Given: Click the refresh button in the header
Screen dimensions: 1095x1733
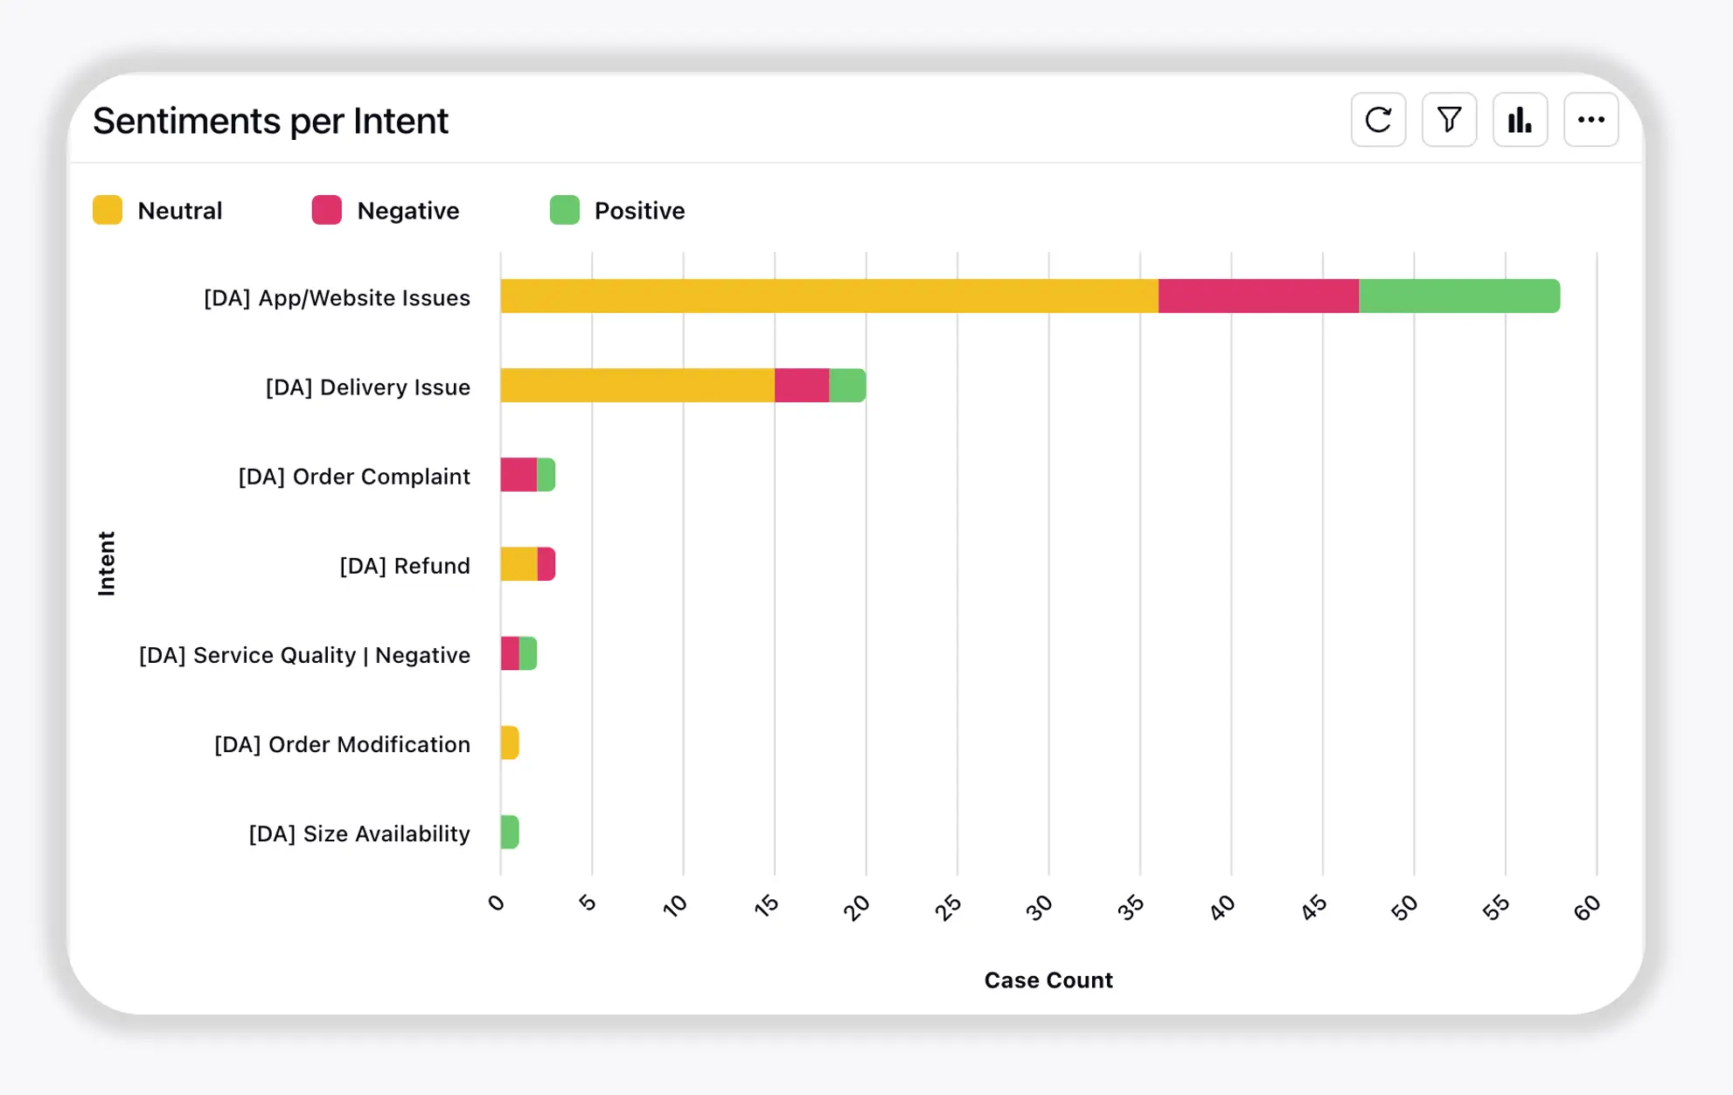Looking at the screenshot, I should (x=1378, y=120).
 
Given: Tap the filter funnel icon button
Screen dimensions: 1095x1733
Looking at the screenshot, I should (x=1449, y=120).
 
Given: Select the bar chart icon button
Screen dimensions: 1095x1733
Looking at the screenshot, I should (x=1520, y=120).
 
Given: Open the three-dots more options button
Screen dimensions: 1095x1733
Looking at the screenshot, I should (x=1590, y=120).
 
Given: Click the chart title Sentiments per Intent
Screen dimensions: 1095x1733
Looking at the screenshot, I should (x=270, y=121).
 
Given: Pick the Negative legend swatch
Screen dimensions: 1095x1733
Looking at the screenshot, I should (x=327, y=211).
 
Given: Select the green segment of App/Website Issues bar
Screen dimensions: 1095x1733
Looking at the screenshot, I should (x=1458, y=296).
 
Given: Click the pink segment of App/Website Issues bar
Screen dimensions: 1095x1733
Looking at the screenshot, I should (x=1258, y=296).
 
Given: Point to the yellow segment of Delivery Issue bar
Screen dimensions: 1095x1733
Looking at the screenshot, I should (x=637, y=386).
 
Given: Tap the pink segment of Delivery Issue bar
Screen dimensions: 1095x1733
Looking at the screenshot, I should (x=801, y=386).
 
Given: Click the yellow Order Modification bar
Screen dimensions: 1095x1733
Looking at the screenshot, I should (x=510, y=743).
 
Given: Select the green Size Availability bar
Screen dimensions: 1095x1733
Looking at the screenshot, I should (x=510, y=832).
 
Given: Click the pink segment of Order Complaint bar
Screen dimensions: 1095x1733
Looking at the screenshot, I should (x=519, y=475).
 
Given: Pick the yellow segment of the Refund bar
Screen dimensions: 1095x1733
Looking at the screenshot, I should (x=519, y=564).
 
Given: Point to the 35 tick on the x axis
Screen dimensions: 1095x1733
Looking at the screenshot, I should (x=1131, y=908).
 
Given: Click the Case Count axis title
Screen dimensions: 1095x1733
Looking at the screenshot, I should (x=1047, y=980).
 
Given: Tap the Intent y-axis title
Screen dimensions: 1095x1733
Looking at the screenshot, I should (x=107, y=563).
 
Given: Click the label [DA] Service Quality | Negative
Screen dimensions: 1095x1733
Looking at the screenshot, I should (x=304, y=655).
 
